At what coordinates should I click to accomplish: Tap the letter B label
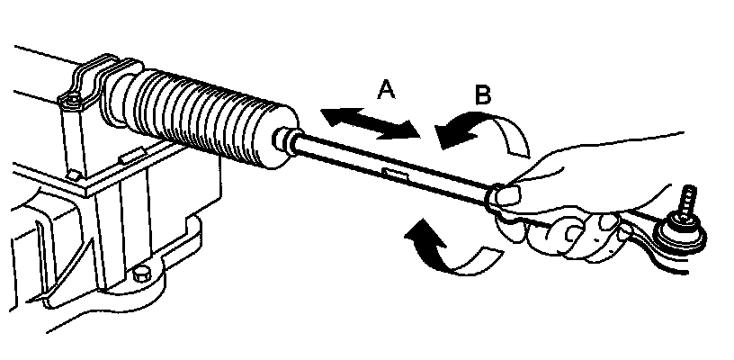coord(482,95)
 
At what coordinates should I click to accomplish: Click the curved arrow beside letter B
coord(486,135)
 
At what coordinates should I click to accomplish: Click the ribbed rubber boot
coord(216,117)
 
